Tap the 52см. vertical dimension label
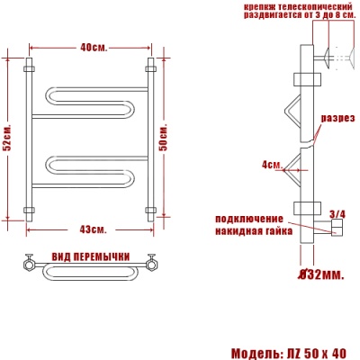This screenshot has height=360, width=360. (x=8, y=138)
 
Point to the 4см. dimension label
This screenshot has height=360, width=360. (x=272, y=165)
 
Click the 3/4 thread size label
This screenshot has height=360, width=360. (x=337, y=213)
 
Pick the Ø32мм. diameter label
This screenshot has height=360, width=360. (x=320, y=273)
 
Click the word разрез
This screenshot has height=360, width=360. (x=339, y=119)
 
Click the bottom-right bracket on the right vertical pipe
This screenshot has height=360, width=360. (x=151, y=212)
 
